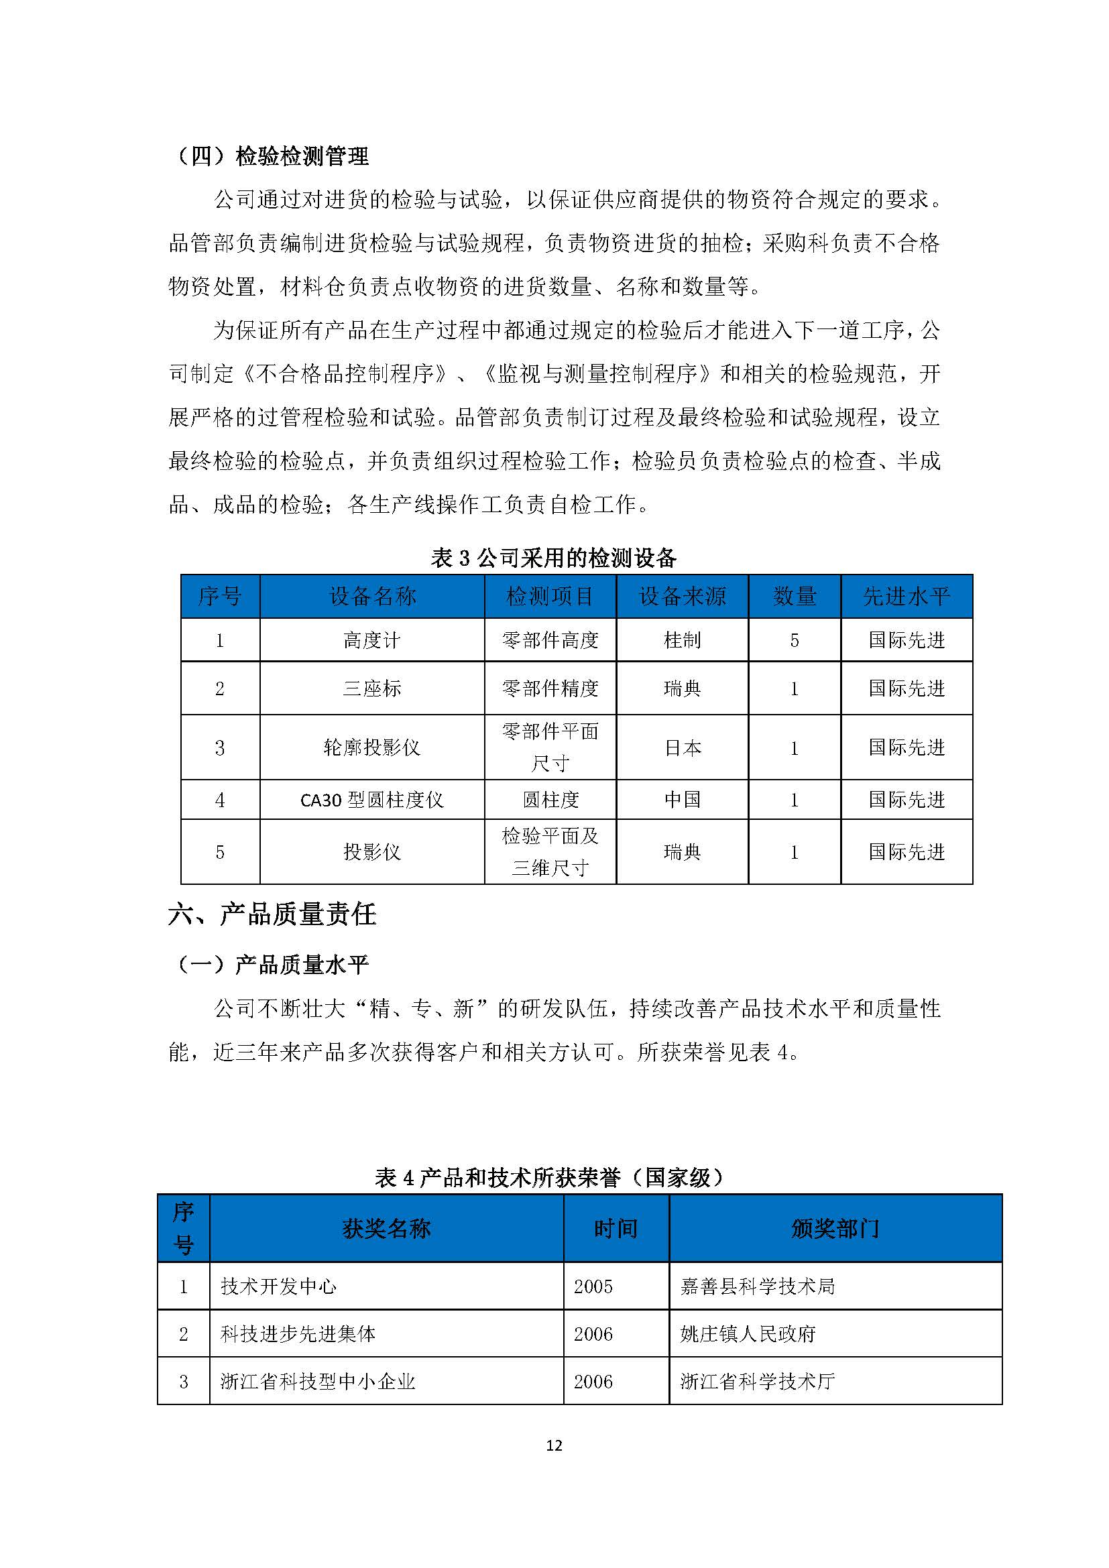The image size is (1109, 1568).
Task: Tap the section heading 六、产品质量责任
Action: pos(272,914)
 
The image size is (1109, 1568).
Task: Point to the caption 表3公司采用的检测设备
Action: pos(553,558)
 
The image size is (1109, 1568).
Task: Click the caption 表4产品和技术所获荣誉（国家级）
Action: pos(550,1177)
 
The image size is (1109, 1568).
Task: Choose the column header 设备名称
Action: pos(372,596)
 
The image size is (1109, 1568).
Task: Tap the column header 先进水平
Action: pos(907,596)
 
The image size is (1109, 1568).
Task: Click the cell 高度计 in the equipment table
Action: pos(371,640)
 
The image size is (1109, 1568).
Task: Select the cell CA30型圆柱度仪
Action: pos(371,800)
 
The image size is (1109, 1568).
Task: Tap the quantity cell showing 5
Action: pos(794,640)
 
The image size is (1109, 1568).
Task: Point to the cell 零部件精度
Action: pos(550,688)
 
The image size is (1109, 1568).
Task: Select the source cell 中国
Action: pos(682,800)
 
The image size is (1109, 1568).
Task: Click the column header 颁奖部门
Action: pos(835,1229)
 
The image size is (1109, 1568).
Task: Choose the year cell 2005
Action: pos(593,1286)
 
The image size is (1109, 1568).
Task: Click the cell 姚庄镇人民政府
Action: pos(748,1334)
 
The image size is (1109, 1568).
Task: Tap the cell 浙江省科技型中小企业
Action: pos(318,1382)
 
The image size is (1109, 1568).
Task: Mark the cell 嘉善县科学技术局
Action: pos(757,1286)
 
